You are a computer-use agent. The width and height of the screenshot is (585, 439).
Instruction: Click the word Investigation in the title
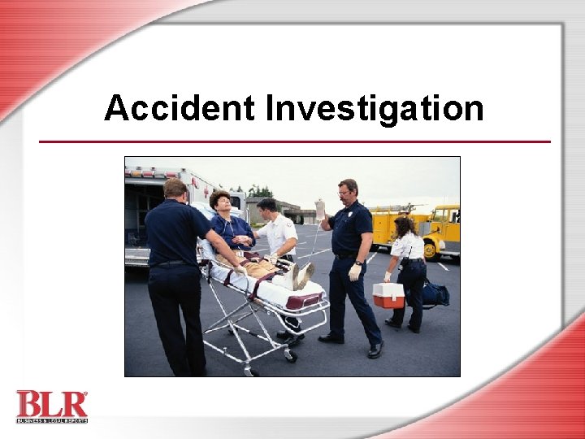click(x=375, y=108)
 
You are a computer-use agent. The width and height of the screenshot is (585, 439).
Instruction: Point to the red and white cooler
click(x=388, y=295)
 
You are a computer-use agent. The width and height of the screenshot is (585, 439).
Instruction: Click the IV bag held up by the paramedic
click(x=320, y=210)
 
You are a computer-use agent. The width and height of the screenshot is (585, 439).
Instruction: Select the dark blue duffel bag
click(x=435, y=293)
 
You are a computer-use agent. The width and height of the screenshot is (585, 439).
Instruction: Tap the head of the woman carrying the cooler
click(x=403, y=225)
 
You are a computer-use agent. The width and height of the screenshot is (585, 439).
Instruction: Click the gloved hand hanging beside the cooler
click(x=354, y=272)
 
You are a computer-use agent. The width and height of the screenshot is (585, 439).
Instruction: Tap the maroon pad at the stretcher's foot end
click(x=303, y=301)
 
